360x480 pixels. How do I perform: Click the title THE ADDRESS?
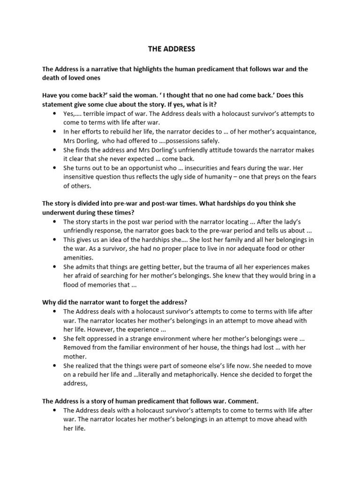coord(172,49)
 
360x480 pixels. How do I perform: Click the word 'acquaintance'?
coord(292,132)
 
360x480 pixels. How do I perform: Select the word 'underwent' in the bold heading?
coord(60,212)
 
